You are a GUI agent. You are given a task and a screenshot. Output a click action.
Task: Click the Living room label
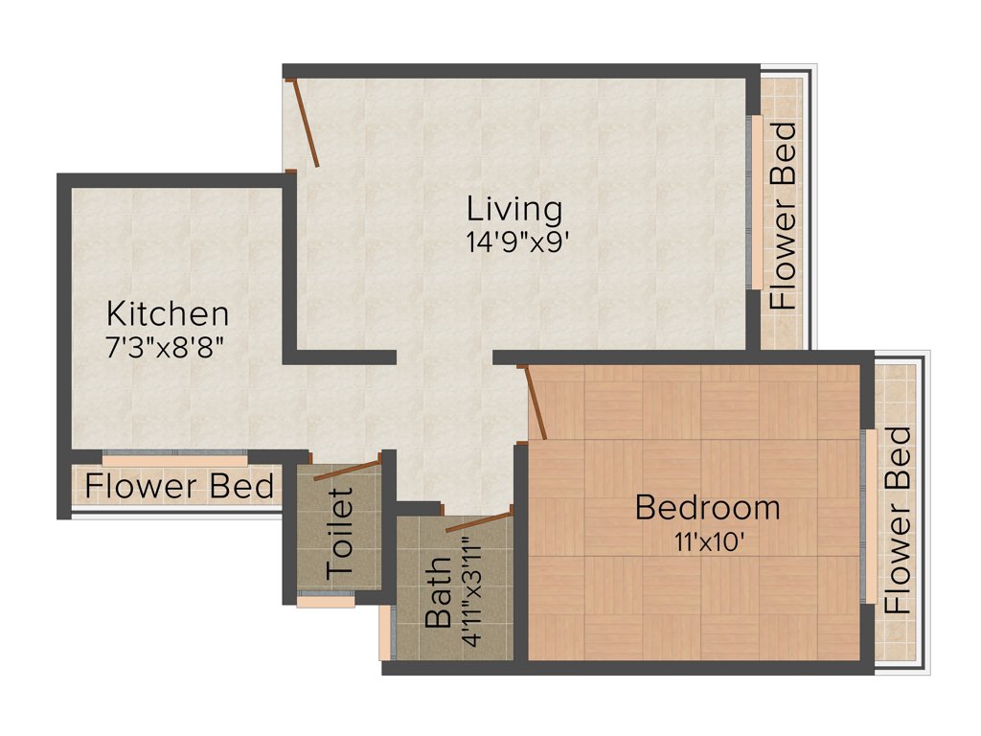pyautogui.click(x=514, y=209)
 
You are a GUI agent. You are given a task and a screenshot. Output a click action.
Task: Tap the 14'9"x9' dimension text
pyautogui.click(x=518, y=242)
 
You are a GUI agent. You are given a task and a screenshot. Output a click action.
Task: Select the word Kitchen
pyautogui.click(x=168, y=313)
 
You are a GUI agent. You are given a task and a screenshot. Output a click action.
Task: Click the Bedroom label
pyautogui.click(x=707, y=507)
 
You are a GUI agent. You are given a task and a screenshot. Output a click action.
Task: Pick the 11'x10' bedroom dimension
pyautogui.click(x=708, y=541)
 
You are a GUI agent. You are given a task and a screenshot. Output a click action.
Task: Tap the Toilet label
pyautogui.click(x=341, y=533)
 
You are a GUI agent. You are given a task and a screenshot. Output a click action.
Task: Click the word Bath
pyautogui.click(x=438, y=594)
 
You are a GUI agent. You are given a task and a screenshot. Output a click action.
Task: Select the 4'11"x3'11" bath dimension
pyautogui.click(x=471, y=593)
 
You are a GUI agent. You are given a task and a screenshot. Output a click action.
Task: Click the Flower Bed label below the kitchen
pyautogui.click(x=180, y=487)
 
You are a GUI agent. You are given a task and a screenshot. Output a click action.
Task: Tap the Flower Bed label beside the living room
pyautogui.click(x=784, y=216)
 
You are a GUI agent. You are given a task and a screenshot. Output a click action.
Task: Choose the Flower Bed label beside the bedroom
pyautogui.click(x=898, y=520)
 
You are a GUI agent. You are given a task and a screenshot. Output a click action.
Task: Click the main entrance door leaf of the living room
pyautogui.click(x=306, y=124)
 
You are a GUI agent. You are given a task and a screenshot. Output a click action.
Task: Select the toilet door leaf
pyautogui.click(x=347, y=469)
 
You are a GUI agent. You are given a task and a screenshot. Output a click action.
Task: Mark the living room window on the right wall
pyautogui.click(x=755, y=203)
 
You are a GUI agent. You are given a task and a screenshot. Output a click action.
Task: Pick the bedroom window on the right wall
pyautogui.click(x=869, y=517)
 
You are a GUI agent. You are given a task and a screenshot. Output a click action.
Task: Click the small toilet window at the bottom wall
pyautogui.click(x=326, y=602)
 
